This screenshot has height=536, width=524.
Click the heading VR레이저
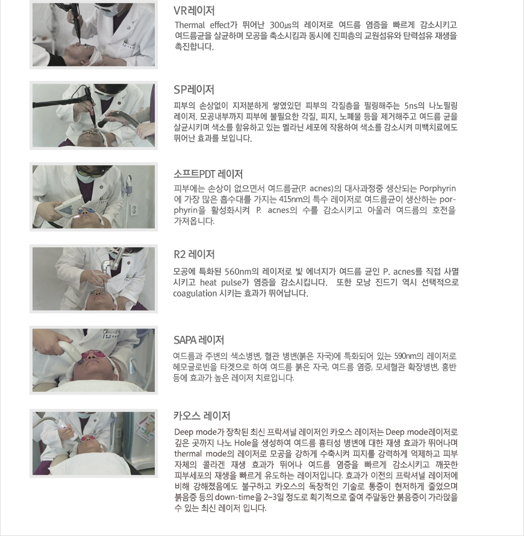pos(194,11)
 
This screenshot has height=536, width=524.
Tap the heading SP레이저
pos(194,90)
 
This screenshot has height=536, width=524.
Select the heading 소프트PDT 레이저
pos(208,174)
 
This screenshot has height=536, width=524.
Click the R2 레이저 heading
pos(194,254)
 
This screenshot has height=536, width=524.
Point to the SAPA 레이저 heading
pos(199,340)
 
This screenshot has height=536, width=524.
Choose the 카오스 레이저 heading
pos(202,416)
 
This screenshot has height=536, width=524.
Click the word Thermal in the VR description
pos(190,25)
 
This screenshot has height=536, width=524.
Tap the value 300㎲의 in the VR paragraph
pos(284,25)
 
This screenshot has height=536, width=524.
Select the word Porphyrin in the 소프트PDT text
pos(438,189)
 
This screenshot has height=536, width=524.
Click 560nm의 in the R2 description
pos(242,272)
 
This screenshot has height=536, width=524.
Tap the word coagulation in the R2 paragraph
pos(195,294)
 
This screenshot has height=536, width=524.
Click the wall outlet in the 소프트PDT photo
pos(134,209)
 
